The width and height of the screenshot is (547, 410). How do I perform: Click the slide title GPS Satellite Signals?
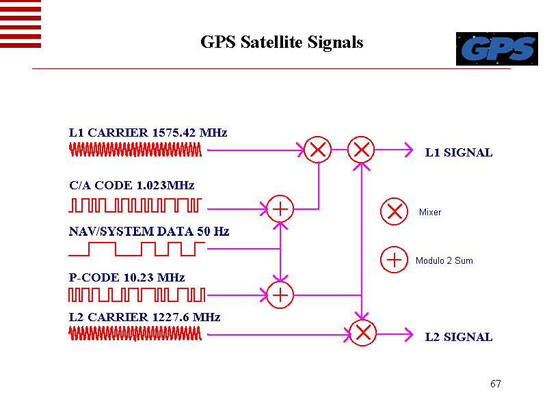tap(282, 42)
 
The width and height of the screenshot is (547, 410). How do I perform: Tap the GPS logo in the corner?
tap(496, 49)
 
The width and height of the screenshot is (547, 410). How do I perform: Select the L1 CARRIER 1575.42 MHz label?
tap(148, 133)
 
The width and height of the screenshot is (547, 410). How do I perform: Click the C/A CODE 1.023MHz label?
tap(132, 185)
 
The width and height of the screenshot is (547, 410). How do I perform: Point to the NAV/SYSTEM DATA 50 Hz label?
tap(149, 232)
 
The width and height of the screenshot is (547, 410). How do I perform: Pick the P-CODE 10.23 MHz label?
tap(127, 277)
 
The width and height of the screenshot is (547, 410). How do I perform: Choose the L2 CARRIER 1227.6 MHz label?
tap(145, 317)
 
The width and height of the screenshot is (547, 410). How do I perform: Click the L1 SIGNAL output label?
tap(459, 152)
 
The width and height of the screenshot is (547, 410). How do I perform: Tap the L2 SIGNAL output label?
tap(459, 337)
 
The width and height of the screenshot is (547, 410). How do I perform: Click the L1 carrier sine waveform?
tap(136, 150)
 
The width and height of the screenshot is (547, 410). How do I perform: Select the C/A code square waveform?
tap(135, 204)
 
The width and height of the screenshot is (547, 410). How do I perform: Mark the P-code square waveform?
tap(137, 295)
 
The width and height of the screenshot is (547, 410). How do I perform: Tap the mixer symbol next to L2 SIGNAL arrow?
tap(362, 333)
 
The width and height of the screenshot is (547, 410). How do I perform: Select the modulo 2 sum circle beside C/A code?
tap(280, 208)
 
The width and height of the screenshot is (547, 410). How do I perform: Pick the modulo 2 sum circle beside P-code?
tap(280, 295)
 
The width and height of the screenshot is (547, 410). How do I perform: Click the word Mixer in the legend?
tap(430, 213)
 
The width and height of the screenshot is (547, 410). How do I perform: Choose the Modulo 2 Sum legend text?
tap(444, 261)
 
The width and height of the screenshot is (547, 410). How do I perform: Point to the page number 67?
tap(496, 383)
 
